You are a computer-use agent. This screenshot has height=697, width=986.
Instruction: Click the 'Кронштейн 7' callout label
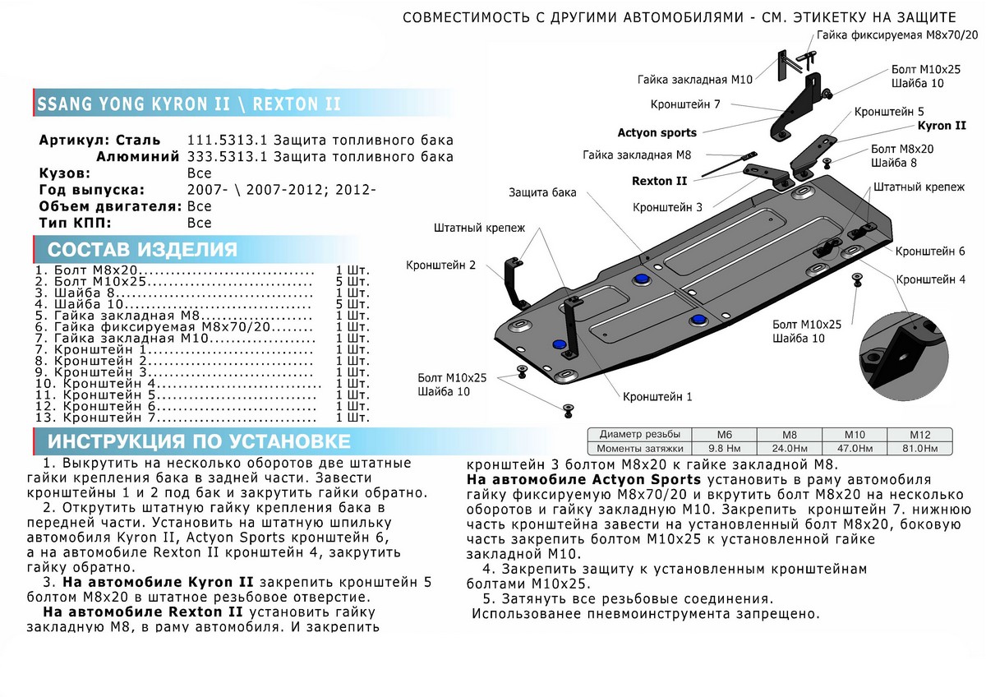(685, 105)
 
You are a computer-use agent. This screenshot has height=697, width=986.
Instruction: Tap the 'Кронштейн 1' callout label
(658, 396)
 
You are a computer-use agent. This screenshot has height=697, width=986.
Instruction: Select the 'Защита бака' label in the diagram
(541, 192)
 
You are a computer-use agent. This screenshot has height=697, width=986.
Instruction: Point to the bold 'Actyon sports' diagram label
(657, 132)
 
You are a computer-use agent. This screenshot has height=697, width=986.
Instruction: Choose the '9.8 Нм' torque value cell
(723, 448)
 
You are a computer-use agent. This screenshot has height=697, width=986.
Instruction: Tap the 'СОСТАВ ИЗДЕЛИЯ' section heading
(142, 250)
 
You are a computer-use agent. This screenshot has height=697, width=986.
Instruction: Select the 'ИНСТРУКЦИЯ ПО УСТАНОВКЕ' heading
(200, 441)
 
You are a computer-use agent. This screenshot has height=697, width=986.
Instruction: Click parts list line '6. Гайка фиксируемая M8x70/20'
(174, 327)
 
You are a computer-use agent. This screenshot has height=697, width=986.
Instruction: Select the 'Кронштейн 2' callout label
(440, 265)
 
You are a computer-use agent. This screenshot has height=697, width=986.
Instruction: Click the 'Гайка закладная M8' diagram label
(637, 155)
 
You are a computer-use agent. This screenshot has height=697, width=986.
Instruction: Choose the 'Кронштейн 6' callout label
(930, 251)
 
